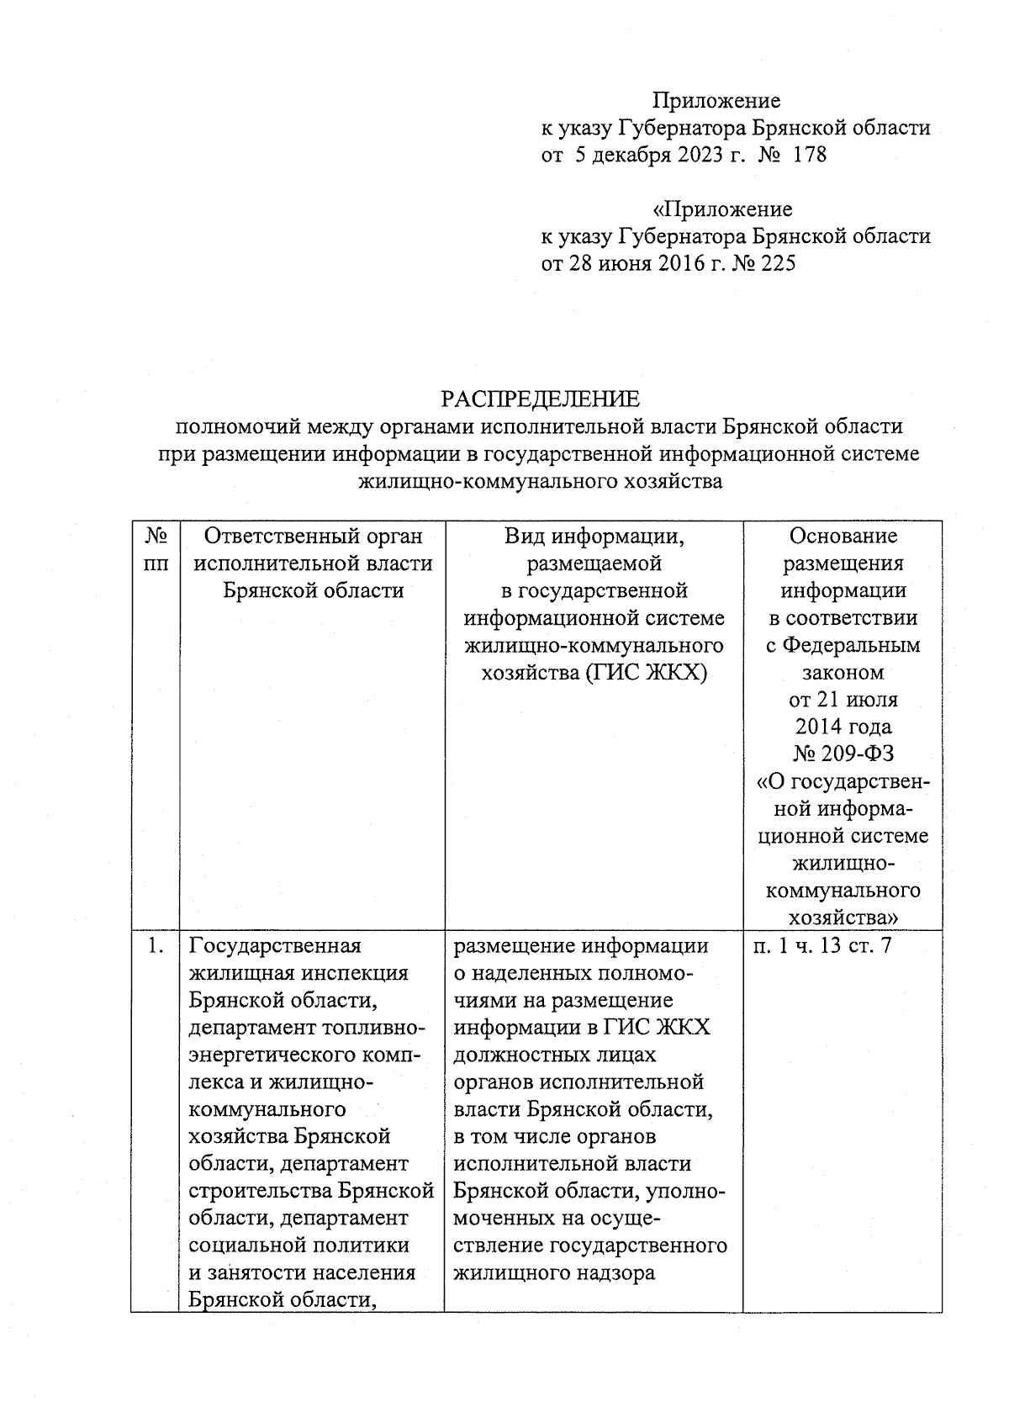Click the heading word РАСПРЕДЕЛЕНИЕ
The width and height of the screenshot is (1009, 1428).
[541, 399]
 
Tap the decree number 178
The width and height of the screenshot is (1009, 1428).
[810, 156]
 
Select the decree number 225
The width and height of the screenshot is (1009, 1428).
[778, 264]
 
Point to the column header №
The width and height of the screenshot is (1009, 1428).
[156, 537]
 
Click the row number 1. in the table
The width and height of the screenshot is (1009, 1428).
[154, 946]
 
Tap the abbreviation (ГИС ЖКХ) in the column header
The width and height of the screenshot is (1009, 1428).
[650, 674]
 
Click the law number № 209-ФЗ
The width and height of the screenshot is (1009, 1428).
[843, 754]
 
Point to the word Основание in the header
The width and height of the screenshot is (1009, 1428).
[843, 537]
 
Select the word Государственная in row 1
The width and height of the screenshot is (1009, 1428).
[275, 946]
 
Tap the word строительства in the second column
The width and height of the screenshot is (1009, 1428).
[260, 1191]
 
